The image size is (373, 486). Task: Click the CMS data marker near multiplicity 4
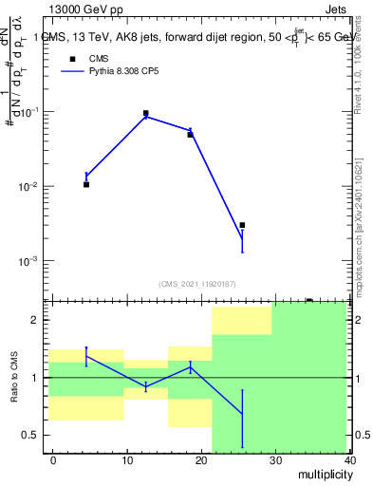(86, 184)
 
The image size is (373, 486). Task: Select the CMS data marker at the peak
(146, 113)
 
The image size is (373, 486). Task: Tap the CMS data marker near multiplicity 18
(190, 135)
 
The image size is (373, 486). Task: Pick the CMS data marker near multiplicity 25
(242, 225)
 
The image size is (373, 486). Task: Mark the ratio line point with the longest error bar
(242, 414)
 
